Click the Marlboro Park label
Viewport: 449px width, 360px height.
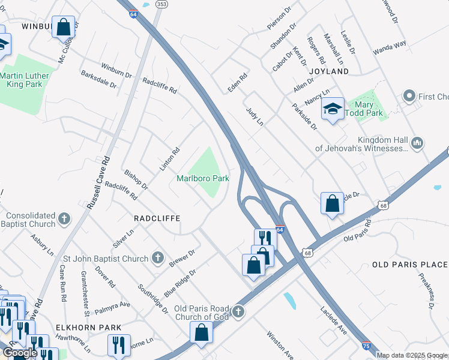tap(203, 178)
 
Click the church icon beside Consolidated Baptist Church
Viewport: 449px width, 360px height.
tap(65, 220)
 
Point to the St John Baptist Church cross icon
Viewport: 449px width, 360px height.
tap(157, 259)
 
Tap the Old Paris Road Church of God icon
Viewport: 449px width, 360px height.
tap(238, 312)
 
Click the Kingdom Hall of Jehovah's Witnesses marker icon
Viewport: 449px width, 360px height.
tap(418, 143)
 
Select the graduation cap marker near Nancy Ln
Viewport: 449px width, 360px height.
tap(332, 109)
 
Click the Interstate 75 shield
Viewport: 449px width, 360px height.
tap(366, 346)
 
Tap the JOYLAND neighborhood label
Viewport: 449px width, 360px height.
tap(329, 71)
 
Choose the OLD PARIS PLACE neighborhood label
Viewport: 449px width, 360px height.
tap(410, 265)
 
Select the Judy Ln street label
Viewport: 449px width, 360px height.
tap(255, 116)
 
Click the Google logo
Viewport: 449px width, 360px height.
tap(19, 353)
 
